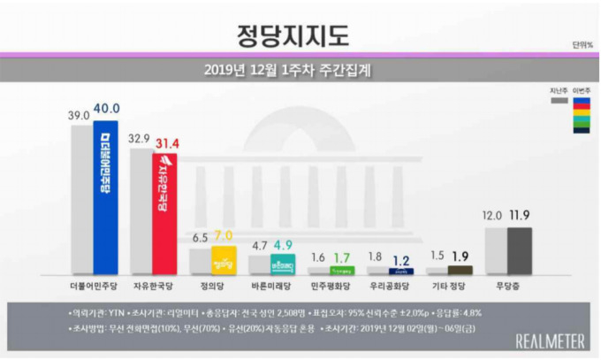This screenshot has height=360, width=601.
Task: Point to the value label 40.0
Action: (x=107, y=108)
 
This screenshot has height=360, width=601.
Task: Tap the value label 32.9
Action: (x=141, y=139)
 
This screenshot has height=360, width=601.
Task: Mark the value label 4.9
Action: (x=285, y=246)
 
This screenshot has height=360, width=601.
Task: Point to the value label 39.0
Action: (x=81, y=112)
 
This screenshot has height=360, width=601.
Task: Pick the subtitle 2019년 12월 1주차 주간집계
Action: (x=297, y=69)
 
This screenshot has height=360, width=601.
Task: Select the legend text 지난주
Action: (x=558, y=89)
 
